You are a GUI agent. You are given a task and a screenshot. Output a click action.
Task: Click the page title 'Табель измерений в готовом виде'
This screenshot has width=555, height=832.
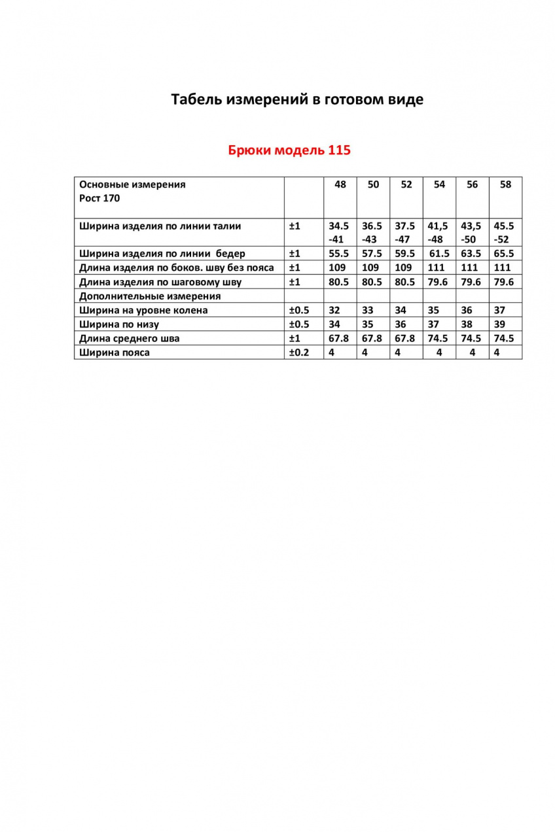click(297, 99)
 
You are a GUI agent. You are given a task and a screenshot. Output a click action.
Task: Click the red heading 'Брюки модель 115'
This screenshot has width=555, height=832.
click(289, 150)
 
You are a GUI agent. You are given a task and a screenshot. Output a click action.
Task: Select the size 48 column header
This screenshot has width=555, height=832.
click(340, 184)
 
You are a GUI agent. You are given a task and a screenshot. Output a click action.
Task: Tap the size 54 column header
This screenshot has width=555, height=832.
click(439, 184)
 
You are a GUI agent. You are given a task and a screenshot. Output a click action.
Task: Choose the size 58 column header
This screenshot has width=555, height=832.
click(505, 184)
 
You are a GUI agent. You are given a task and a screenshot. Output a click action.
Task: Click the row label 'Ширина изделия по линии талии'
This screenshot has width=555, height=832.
click(160, 226)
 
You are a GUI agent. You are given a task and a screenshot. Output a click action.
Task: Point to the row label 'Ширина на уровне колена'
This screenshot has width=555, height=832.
click(143, 310)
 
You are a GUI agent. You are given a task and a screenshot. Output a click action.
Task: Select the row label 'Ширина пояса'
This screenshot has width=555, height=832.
click(115, 353)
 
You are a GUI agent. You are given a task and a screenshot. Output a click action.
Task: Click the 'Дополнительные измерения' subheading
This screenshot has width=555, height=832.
click(150, 296)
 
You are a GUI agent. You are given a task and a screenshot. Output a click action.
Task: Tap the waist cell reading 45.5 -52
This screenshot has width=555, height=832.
click(504, 232)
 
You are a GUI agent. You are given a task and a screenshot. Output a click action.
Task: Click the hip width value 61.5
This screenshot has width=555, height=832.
click(439, 254)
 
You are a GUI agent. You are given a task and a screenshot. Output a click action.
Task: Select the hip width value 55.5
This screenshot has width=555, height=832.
click(339, 254)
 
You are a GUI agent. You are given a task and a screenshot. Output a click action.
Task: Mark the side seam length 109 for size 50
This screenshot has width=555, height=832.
click(370, 268)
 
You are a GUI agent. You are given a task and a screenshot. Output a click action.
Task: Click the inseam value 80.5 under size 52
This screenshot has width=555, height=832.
click(404, 283)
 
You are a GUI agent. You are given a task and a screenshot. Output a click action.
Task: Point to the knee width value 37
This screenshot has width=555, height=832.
click(501, 310)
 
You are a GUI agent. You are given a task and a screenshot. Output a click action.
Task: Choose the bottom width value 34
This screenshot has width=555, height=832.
click(334, 324)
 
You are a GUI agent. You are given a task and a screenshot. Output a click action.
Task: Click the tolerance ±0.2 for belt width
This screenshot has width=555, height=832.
click(299, 353)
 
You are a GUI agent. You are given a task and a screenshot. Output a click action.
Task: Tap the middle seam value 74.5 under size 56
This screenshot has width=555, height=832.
click(471, 338)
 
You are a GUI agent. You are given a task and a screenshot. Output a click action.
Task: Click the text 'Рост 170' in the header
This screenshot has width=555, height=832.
click(99, 198)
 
